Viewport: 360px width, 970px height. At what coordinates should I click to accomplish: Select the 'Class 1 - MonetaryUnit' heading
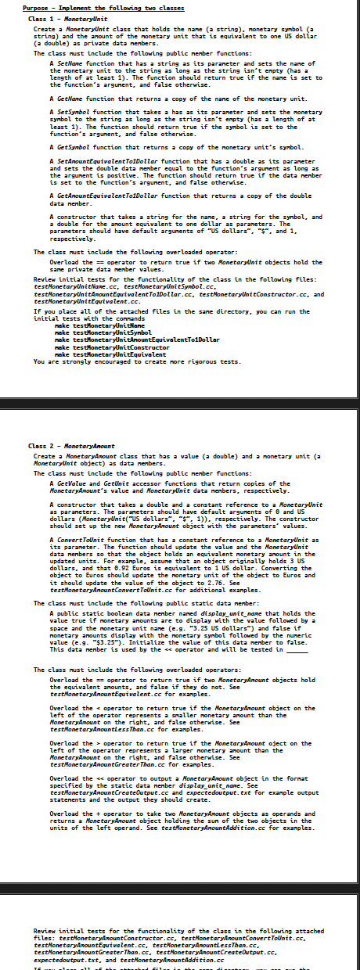[62, 18]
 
